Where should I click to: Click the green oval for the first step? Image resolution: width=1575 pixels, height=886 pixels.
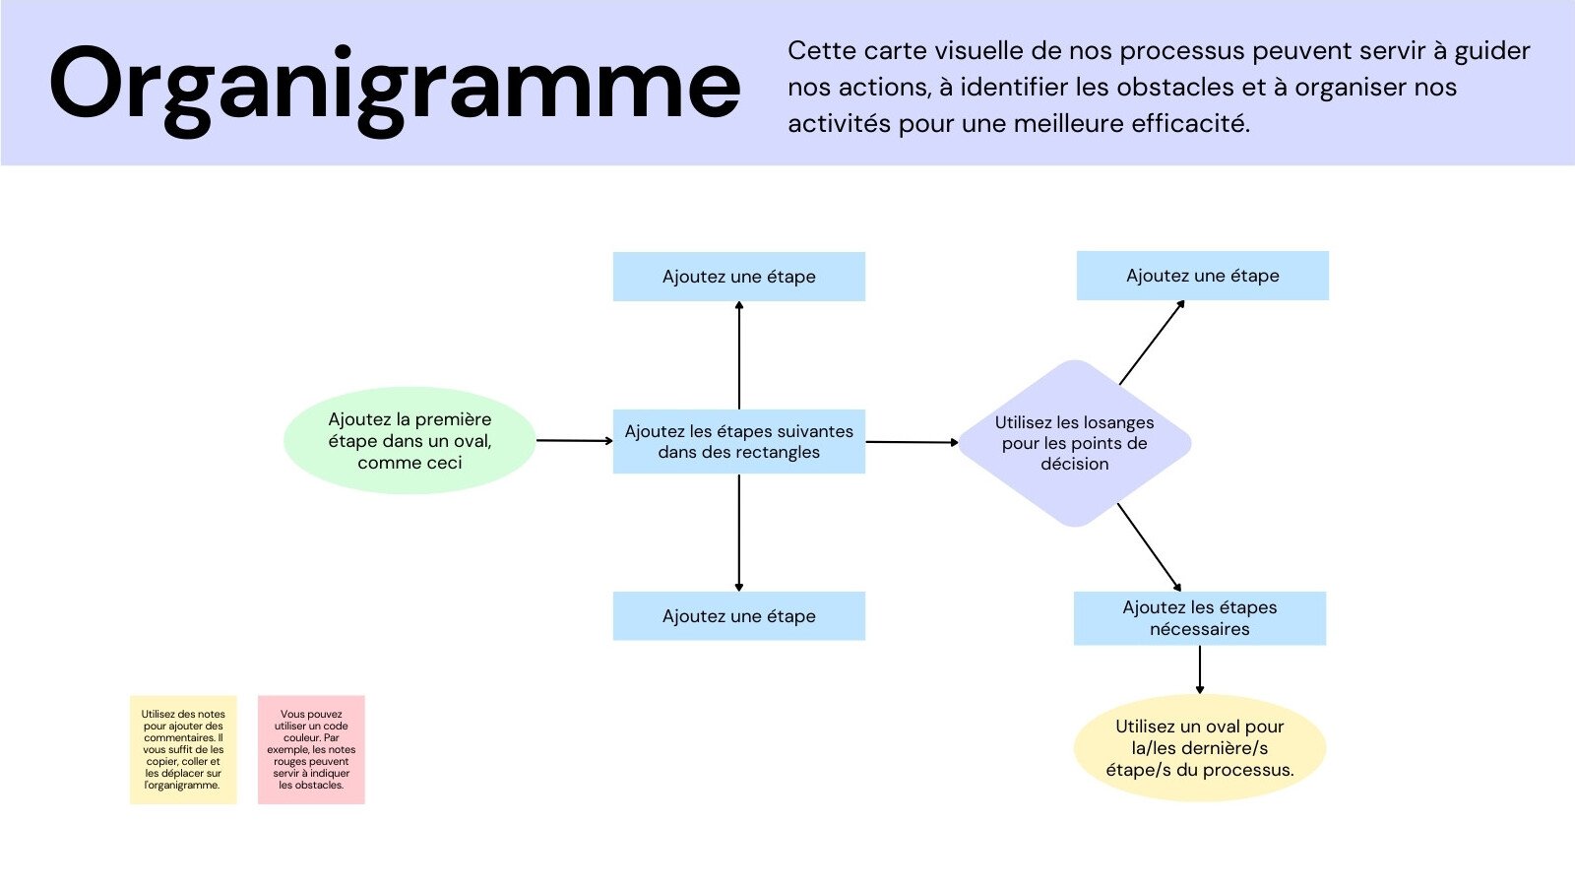click(409, 440)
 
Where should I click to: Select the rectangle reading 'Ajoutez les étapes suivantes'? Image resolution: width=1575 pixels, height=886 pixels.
click(738, 442)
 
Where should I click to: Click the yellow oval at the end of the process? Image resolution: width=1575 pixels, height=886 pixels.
click(1199, 748)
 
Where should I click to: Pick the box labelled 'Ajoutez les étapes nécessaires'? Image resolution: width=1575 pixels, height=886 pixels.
click(1199, 618)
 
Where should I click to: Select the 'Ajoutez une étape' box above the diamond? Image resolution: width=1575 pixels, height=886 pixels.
click(1202, 276)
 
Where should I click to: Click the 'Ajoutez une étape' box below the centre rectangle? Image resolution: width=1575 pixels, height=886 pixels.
click(738, 616)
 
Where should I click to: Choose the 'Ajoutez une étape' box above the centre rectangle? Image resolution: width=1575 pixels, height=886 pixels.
click(738, 277)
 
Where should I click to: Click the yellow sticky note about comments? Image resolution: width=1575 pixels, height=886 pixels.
click(183, 750)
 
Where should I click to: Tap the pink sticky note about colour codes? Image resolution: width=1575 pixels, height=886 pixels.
click(311, 750)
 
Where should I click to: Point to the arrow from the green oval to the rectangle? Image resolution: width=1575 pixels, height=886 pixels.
click(574, 441)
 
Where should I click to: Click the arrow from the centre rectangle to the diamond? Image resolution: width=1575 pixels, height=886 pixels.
click(912, 442)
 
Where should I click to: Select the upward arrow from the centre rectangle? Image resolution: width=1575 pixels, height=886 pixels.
click(739, 354)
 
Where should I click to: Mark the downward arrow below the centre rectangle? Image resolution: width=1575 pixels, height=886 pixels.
click(739, 532)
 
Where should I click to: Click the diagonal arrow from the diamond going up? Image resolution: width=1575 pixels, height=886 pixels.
click(1152, 343)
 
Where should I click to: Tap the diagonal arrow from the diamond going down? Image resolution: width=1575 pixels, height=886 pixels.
click(1149, 546)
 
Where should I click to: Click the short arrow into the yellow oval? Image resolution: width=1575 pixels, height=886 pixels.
click(1199, 669)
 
